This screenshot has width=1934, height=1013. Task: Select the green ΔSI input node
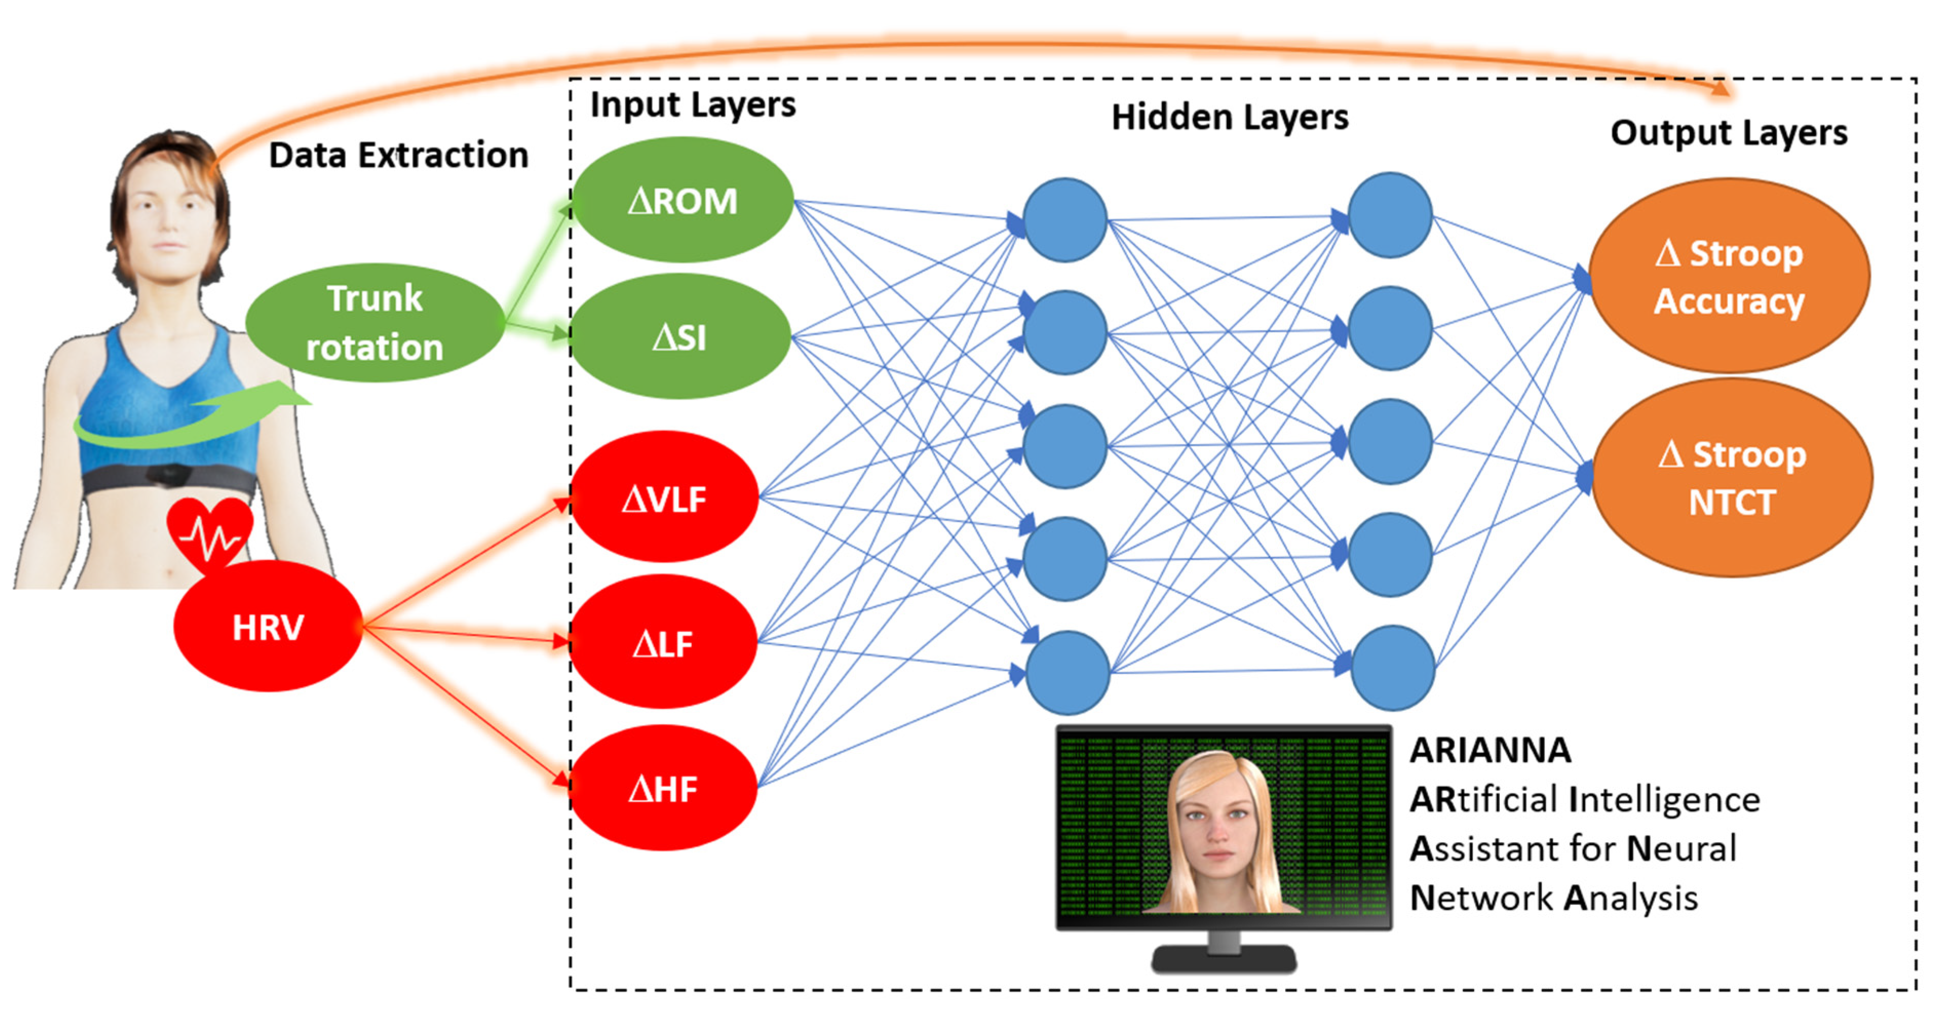point(680,337)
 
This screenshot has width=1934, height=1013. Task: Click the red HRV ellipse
point(268,627)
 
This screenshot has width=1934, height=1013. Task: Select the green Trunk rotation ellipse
point(375,323)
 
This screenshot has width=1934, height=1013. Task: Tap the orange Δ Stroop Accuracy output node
point(1728,276)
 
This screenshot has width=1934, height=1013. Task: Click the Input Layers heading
point(692,105)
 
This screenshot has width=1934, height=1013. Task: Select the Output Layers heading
point(1728,133)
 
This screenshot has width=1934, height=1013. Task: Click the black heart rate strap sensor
point(169,474)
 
